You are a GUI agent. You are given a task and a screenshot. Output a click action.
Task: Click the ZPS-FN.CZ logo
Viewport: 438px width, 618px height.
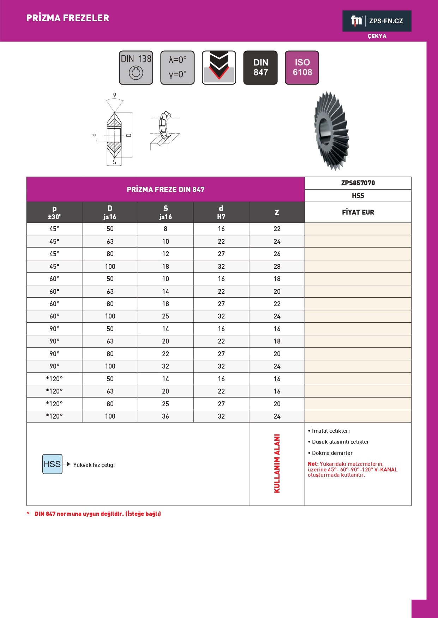pyautogui.click(x=377, y=21)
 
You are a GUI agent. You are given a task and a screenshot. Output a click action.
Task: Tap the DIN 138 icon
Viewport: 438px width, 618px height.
pyautogui.click(x=136, y=68)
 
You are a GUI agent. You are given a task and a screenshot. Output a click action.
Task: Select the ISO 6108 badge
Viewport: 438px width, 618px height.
pyautogui.click(x=302, y=68)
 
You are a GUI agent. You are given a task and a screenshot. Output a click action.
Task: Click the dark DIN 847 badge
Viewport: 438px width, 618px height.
pyautogui.click(x=260, y=68)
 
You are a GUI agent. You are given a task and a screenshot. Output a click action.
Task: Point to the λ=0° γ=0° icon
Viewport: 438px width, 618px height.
pyautogui.click(x=178, y=68)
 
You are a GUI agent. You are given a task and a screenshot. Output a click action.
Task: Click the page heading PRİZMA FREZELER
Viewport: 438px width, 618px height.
pyautogui.click(x=68, y=18)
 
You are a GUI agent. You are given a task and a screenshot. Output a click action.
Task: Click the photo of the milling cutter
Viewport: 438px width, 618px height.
pyautogui.click(x=331, y=130)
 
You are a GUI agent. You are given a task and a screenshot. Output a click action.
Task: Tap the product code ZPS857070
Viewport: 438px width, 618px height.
pyautogui.click(x=358, y=183)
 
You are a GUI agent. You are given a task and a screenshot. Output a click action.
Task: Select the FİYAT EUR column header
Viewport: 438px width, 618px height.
pyautogui.click(x=358, y=212)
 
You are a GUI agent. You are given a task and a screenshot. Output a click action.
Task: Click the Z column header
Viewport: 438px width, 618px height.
pyautogui.click(x=277, y=212)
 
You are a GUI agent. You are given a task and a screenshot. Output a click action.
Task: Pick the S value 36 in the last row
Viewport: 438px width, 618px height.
pyautogui.click(x=166, y=416)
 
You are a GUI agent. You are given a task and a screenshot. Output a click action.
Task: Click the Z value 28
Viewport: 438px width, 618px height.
pyautogui.click(x=277, y=266)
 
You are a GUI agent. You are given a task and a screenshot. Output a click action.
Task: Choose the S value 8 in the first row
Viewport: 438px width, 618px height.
pyautogui.click(x=166, y=229)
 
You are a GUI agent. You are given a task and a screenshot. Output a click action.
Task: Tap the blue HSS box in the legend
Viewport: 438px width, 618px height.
pyautogui.click(x=52, y=464)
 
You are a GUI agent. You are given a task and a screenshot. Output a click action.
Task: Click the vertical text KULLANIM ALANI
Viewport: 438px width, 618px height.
pyautogui.click(x=277, y=464)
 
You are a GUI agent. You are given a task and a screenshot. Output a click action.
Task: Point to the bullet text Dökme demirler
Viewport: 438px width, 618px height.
pyautogui.click(x=332, y=453)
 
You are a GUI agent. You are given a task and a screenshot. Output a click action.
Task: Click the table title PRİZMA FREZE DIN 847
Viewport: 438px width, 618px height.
pyautogui.click(x=166, y=190)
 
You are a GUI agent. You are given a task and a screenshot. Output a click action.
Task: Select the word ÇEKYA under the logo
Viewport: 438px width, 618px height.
pyautogui.click(x=377, y=36)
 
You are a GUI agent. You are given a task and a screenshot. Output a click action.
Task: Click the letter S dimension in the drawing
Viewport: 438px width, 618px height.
pyautogui.click(x=114, y=162)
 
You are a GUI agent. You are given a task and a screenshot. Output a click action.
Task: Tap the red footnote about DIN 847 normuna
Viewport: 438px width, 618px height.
pyautogui.click(x=97, y=514)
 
